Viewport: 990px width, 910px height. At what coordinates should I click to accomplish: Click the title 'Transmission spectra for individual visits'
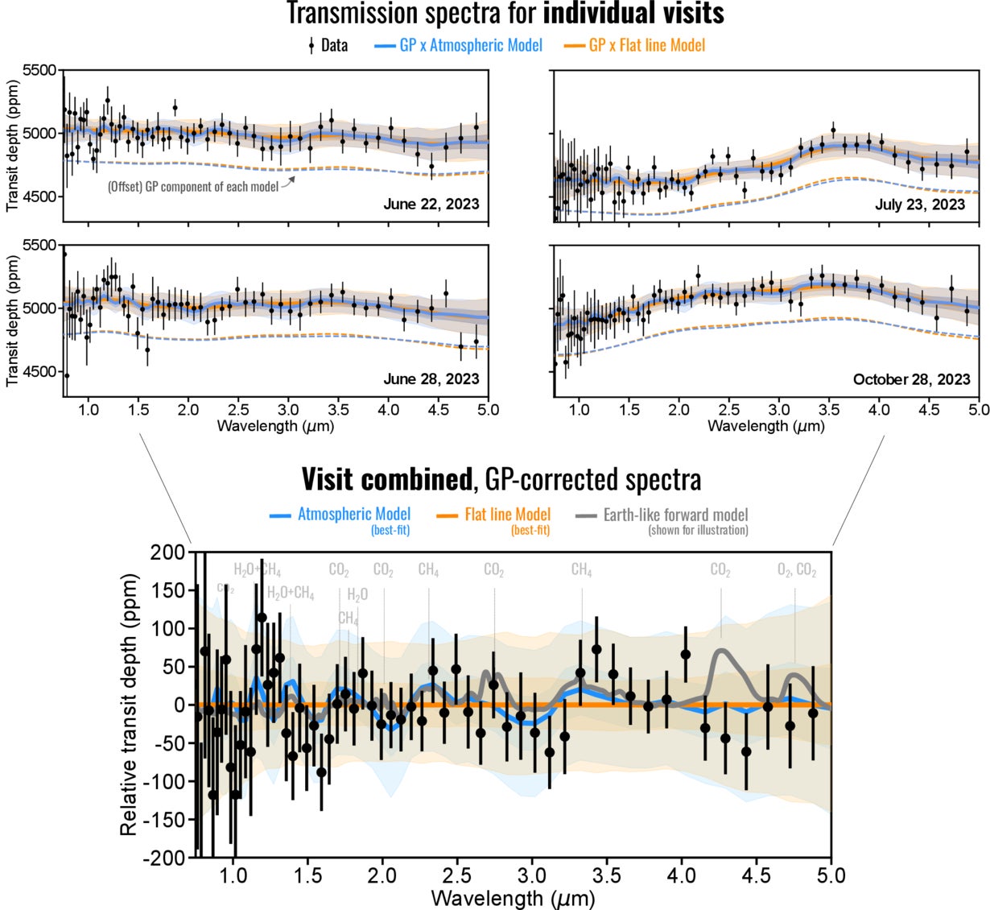pyautogui.click(x=505, y=14)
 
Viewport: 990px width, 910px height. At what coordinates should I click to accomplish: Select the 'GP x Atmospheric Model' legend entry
pyautogui.click(x=471, y=45)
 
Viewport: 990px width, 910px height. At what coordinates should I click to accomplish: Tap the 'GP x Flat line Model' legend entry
pyautogui.click(x=646, y=45)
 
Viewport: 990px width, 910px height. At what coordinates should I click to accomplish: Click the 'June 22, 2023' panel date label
pyautogui.click(x=431, y=204)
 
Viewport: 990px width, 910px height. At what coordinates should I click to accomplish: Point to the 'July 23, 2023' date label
pyautogui.click(x=920, y=205)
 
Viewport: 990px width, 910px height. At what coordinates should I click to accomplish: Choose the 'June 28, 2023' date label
pyautogui.click(x=431, y=378)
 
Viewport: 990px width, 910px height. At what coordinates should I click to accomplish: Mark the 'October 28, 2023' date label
pyautogui.click(x=911, y=378)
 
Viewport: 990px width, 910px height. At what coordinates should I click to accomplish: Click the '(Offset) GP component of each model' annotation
pyautogui.click(x=192, y=187)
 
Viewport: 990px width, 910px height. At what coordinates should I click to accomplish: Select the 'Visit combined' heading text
pyautogui.click(x=385, y=479)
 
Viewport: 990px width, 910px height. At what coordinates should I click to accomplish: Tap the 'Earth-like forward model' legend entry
pyautogui.click(x=675, y=515)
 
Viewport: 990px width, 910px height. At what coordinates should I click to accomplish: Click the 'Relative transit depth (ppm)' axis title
pyautogui.click(x=129, y=705)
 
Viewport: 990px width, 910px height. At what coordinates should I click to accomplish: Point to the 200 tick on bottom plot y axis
pyautogui.click(x=170, y=552)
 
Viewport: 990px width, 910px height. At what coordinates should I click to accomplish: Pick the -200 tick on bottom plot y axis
pyautogui.click(x=167, y=858)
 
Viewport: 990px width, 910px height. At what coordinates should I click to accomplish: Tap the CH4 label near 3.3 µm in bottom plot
pyautogui.click(x=581, y=570)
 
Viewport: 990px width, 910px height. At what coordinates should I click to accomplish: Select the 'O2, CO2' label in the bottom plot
pyautogui.click(x=797, y=571)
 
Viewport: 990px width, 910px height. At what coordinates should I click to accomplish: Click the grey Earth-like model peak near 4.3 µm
pyautogui.click(x=721, y=651)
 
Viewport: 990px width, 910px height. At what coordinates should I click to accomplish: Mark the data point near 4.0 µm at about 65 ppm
pyautogui.click(x=686, y=655)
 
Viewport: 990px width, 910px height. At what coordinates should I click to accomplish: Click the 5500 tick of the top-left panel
pyautogui.click(x=41, y=71)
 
